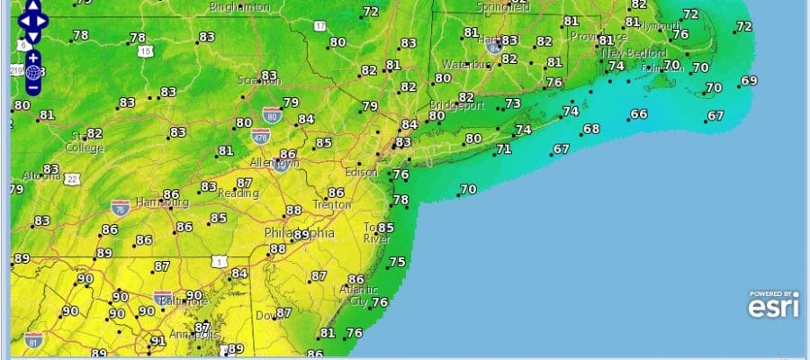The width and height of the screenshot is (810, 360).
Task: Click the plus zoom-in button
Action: pyautogui.click(x=32, y=58)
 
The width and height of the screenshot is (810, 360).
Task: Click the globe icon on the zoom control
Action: pyautogui.click(x=32, y=73)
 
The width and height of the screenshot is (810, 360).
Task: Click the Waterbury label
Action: pyautogui.click(x=464, y=65)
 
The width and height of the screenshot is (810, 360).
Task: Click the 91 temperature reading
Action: pyautogui.click(x=158, y=341)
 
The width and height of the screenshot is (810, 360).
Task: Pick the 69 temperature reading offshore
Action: pyautogui.click(x=749, y=81)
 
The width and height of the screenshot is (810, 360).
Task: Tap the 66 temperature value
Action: pyautogui.click(x=639, y=113)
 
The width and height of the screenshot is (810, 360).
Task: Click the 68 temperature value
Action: pyautogui.click(x=591, y=129)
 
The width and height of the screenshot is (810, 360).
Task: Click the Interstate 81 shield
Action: pyautogui.click(x=34, y=339)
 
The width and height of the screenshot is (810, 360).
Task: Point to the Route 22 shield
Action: pyautogui.click(x=72, y=179)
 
